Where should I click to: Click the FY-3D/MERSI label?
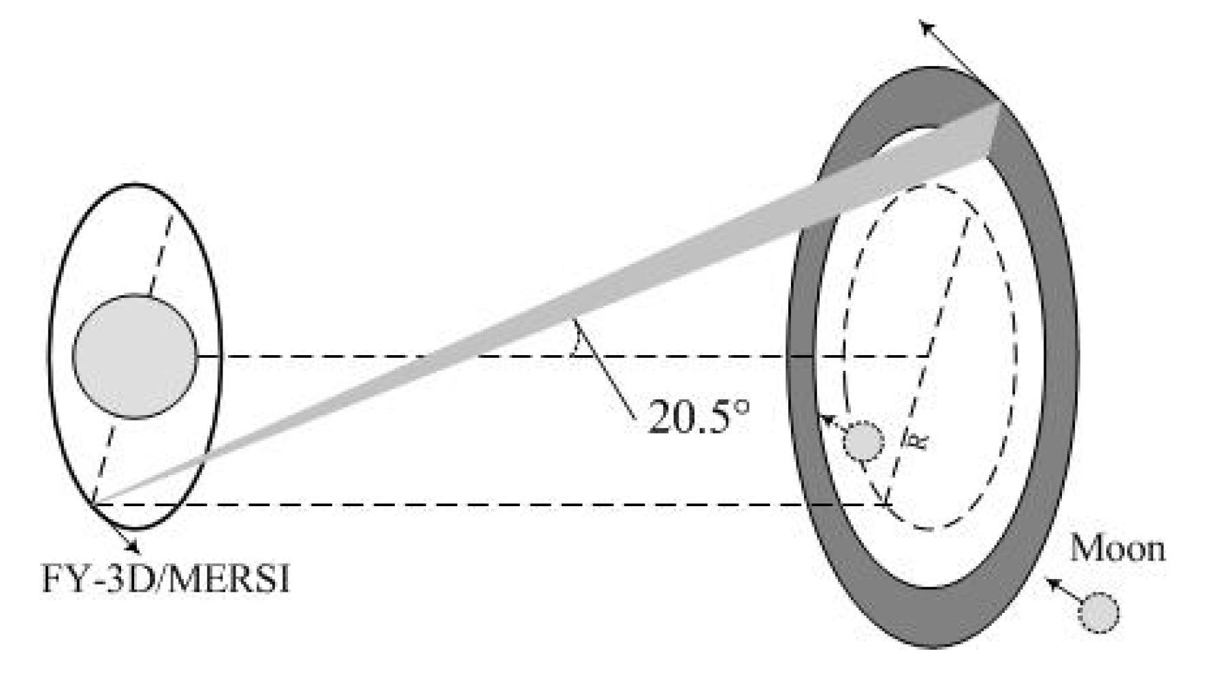(165, 580)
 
